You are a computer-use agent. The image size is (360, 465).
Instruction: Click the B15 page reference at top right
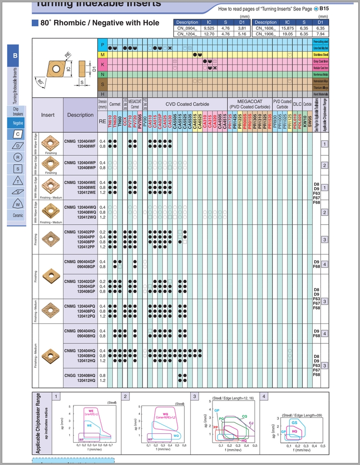[x=324, y=9]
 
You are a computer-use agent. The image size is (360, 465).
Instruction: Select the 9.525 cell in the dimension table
[x=209, y=28]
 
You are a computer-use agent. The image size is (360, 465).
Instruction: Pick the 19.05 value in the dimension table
[x=287, y=34]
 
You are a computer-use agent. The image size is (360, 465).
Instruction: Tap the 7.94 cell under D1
[x=321, y=34]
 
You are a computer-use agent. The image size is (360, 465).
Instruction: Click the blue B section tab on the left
[x=15, y=55]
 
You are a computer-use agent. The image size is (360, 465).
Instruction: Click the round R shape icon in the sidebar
[x=18, y=157]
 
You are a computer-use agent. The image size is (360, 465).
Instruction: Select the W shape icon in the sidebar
[x=18, y=203]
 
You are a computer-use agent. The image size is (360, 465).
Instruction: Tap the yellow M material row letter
[x=103, y=54]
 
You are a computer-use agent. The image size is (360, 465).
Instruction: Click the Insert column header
[x=48, y=115]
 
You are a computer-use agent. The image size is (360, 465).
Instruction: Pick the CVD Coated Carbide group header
[x=187, y=104]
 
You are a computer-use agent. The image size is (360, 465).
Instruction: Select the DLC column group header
[x=297, y=104]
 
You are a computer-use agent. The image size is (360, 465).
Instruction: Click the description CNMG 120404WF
[x=80, y=142]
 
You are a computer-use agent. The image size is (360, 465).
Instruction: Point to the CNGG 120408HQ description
[x=80, y=376]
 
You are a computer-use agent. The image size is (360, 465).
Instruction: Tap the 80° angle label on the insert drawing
[x=41, y=83]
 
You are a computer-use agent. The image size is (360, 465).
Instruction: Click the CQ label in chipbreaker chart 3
[x=245, y=416]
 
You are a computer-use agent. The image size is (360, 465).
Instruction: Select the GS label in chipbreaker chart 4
[x=295, y=422]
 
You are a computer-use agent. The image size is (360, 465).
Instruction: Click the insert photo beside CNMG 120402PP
[x=50, y=239]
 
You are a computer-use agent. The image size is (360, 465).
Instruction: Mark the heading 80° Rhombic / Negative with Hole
[x=99, y=23]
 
